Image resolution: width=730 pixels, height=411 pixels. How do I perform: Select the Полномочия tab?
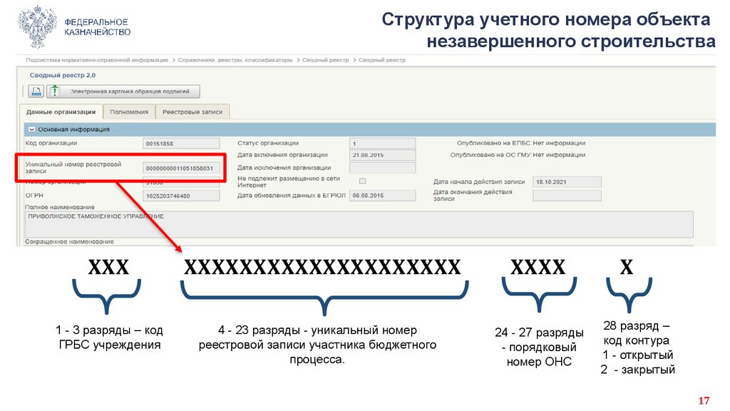tap(129, 112)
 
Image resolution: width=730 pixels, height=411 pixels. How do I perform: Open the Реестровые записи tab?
tap(192, 112)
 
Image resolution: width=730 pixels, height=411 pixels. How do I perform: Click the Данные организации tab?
tap(61, 112)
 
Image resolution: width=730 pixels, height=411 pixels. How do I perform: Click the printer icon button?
tap(36, 91)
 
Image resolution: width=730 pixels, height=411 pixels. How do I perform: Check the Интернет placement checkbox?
tap(362, 181)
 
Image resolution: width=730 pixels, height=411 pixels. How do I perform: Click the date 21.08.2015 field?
tap(382, 155)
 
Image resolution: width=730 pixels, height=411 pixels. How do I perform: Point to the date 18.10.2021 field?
tap(567, 182)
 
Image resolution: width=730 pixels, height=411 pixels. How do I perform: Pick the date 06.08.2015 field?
tap(382, 196)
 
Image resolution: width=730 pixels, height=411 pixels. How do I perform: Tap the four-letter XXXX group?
tap(538, 268)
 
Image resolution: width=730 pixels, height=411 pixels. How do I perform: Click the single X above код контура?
tap(626, 268)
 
